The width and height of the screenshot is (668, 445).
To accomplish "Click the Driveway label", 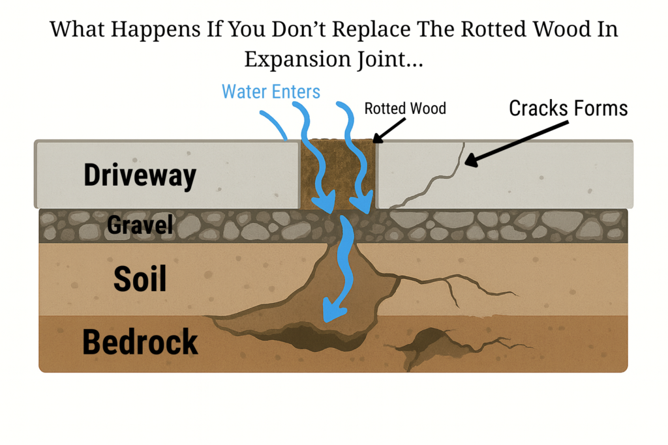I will (140, 175).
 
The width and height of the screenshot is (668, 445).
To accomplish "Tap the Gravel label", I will (140, 225).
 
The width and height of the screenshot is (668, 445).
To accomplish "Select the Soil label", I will (140, 278).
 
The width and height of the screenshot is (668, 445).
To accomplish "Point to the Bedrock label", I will (140, 342).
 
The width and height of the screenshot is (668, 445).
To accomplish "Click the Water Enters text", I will (271, 91).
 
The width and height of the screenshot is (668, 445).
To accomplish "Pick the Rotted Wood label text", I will (405, 108).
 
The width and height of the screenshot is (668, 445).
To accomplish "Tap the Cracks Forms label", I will (568, 108).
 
